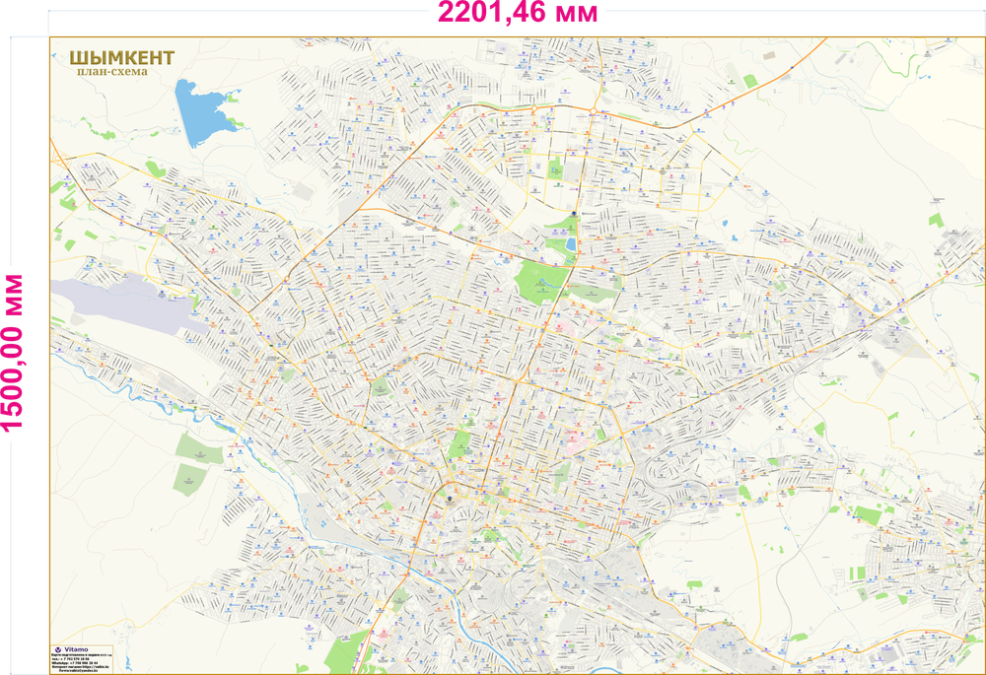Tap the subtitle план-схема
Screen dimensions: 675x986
pos(111,72)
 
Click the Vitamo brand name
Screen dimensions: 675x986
pos(77,649)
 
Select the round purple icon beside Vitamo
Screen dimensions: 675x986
pos(57,649)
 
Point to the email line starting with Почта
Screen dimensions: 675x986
pos(79,671)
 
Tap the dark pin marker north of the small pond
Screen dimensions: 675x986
pos(574,213)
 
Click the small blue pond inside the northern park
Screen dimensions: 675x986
pos(571,243)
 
